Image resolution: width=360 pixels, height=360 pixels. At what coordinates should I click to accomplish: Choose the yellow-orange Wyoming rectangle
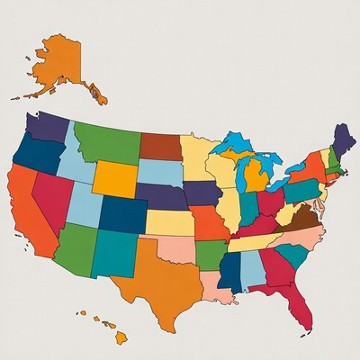click(x=116, y=177)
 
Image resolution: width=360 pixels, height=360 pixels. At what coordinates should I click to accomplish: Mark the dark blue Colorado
click(x=122, y=214)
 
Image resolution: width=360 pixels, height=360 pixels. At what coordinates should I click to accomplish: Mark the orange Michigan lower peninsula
click(x=256, y=176)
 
